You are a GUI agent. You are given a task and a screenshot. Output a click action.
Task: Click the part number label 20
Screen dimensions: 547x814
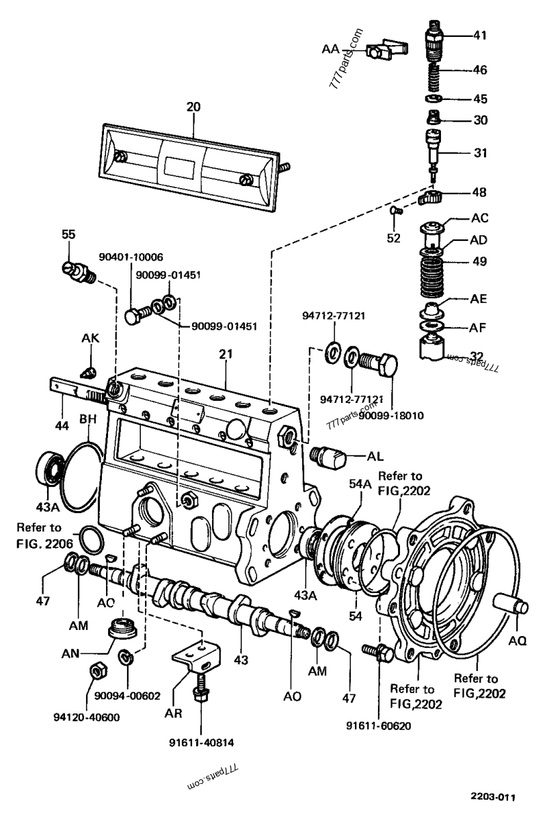coord(193,107)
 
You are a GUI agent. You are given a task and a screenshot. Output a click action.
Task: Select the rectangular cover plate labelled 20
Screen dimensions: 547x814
coord(189,167)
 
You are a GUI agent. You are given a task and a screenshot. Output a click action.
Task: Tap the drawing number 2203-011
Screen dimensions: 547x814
coord(494,796)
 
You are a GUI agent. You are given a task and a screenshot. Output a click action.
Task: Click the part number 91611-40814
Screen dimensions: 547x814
coord(201,743)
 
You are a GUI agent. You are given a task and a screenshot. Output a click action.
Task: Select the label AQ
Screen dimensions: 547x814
coord(517,641)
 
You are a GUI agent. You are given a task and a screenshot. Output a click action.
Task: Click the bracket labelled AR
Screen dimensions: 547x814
coord(196,656)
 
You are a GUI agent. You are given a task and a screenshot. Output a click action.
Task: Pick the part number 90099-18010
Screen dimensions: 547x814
coord(391,415)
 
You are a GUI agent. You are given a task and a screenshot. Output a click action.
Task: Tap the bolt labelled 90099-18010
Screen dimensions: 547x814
coord(378,363)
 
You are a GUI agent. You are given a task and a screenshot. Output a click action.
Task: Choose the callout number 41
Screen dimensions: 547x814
coord(479,36)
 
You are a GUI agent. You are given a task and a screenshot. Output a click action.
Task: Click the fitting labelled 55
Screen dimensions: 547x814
coord(79,272)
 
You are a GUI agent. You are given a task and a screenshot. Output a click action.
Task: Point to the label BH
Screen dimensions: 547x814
coord(88,419)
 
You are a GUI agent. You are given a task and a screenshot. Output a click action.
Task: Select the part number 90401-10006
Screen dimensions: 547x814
coord(131,257)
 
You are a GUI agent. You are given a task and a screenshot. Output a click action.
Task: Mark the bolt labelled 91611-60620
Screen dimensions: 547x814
coord(378,652)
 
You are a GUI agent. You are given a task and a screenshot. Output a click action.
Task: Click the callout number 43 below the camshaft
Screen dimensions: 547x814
coord(241,660)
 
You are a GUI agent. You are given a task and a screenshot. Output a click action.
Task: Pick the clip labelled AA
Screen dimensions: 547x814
coord(386,49)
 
